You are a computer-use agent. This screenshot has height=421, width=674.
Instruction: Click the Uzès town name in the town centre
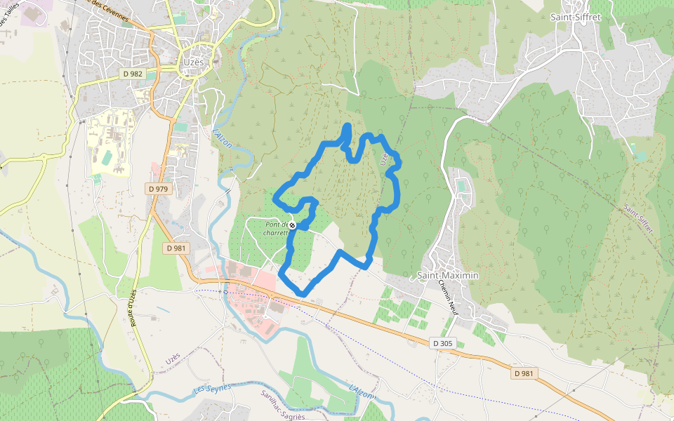point(193,62)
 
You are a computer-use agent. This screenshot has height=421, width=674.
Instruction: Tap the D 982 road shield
point(132,73)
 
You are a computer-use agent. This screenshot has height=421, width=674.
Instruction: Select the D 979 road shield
point(159,189)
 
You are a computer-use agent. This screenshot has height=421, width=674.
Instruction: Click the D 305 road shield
point(444,343)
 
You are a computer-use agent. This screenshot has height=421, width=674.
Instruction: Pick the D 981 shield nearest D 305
point(524,373)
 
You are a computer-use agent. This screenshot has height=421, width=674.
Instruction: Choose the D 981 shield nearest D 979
point(177,248)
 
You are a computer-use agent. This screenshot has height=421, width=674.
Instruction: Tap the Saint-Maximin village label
point(448,276)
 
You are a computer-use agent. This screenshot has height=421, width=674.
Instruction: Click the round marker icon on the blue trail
point(293,225)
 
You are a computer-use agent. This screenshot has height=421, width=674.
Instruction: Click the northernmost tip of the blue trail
point(348,126)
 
